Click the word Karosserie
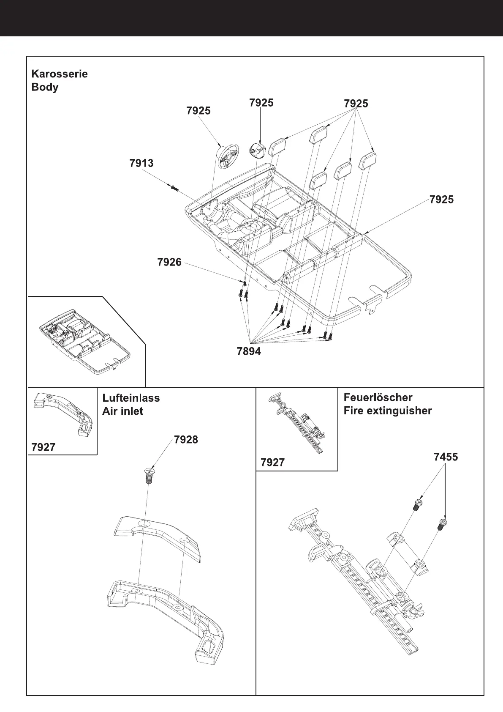click(x=60, y=74)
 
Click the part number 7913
click(x=141, y=163)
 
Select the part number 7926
click(x=169, y=263)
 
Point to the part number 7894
click(x=249, y=351)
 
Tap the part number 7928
click(x=186, y=440)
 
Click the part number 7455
click(x=446, y=457)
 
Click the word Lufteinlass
click(x=131, y=398)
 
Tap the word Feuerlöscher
click(x=378, y=397)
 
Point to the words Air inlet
click(x=122, y=411)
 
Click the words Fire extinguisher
click(x=388, y=411)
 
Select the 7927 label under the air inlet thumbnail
click(x=43, y=447)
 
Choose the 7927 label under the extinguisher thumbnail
click(x=272, y=463)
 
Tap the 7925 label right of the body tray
click(x=441, y=200)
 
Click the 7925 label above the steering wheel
click(x=198, y=111)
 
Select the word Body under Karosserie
click(x=45, y=88)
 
